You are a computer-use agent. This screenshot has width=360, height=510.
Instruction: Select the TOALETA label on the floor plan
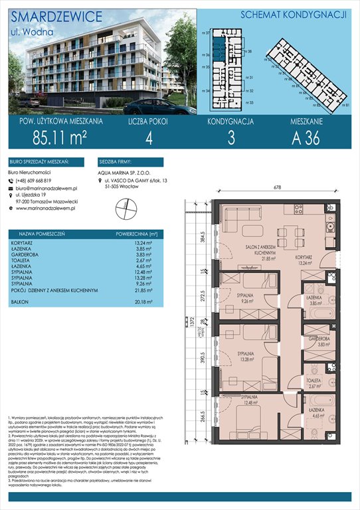315,379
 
